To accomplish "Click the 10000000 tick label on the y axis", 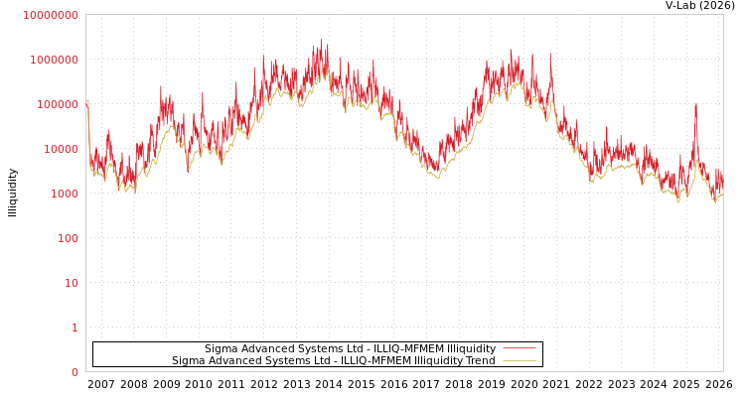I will pyautogui.click(x=51, y=15).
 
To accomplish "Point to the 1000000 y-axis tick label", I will pyautogui.click(x=54, y=60).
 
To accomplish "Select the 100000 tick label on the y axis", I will pyautogui.click(x=57, y=104).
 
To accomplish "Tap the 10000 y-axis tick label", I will pyautogui.click(x=60, y=149).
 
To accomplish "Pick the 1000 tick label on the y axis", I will pyautogui.click(x=63, y=194).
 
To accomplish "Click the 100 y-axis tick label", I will pyautogui.click(x=67, y=238).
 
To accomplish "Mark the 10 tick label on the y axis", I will pyautogui.click(x=71, y=283).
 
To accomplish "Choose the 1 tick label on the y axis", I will pyautogui.click(x=74, y=328).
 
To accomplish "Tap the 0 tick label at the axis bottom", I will pyautogui.click(x=74, y=372).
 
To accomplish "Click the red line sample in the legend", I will pyautogui.click(x=520, y=348).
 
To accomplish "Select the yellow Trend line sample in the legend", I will pyautogui.click(x=520, y=360).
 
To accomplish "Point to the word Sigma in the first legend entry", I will pyautogui.click(x=222, y=348).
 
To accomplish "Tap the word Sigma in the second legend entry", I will pyautogui.click(x=189, y=360).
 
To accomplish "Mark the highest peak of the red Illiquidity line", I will pyautogui.click(x=321, y=42).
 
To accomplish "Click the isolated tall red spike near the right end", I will pyautogui.click(x=695, y=104).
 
